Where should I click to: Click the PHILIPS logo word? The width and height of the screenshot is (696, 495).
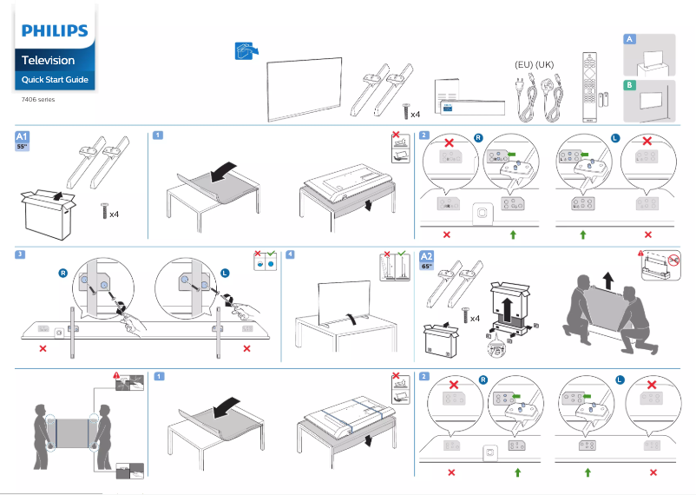[x=55, y=31]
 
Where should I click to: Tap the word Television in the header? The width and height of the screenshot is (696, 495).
[x=48, y=60]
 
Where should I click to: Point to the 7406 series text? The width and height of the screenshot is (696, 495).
[x=37, y=100]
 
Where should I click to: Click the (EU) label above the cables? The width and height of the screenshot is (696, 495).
[x=523, y=65]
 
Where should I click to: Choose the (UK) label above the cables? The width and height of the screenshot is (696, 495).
[x=545, y=65]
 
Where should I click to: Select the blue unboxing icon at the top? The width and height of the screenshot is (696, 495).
[x=246, y=51]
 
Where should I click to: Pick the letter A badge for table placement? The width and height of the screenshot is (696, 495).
[x=630, y=40]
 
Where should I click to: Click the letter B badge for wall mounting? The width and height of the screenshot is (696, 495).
[x=630, y=85]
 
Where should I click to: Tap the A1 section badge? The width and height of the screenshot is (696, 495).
[x=23, y=136]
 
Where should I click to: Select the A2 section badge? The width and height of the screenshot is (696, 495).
[x=427, y=256]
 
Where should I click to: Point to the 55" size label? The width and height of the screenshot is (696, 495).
[x=23, y=147]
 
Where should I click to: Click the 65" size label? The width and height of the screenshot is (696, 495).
[x=427, y=267]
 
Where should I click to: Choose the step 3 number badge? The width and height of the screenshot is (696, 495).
[x=20, y=254]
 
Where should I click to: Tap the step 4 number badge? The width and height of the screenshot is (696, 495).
[x=290, y=254]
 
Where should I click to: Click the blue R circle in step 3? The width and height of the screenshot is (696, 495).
[x=62, y=273]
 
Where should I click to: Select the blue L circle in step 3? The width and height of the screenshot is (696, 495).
[x=226, y=273]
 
